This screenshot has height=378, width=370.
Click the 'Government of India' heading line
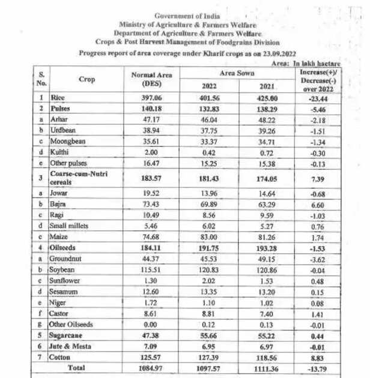(x=187, y=16)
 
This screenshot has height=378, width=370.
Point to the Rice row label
(x=58, y=97)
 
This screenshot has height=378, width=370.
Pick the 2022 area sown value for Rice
(x=205, y=97)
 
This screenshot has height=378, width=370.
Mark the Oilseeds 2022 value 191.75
(x=205, y=248)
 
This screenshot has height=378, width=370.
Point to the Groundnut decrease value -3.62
(x=318, y=259)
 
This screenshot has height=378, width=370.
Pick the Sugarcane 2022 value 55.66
(x=205, y=335)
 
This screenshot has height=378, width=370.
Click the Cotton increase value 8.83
(x=318, y=357)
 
